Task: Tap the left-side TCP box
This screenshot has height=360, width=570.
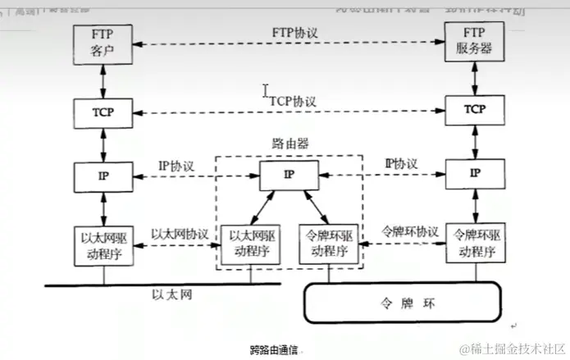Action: pyautogui.click(x=103, y=111)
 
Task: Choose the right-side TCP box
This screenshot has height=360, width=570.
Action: pyautogui.click(x=473, y=110)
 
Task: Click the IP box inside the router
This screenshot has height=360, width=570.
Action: pyautogui.click(x=288, y=175)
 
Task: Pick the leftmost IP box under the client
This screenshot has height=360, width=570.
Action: pyautogui.click(x=103, y=175)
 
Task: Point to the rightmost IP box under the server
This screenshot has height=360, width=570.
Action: pyautogui.click(x=473, y=175)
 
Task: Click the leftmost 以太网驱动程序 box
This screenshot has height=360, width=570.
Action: pyautogui.click(x=103, y=244)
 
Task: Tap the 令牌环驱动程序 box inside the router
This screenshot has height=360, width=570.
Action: pyautogui.click(x=327, y=244)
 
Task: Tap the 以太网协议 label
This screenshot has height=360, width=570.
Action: pyautogui.click(x=179, y=233)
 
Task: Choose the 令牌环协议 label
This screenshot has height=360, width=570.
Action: pyautogui.click(x=410, y=231)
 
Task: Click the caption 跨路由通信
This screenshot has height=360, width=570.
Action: pyautogui.click(x=276, y=349)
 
